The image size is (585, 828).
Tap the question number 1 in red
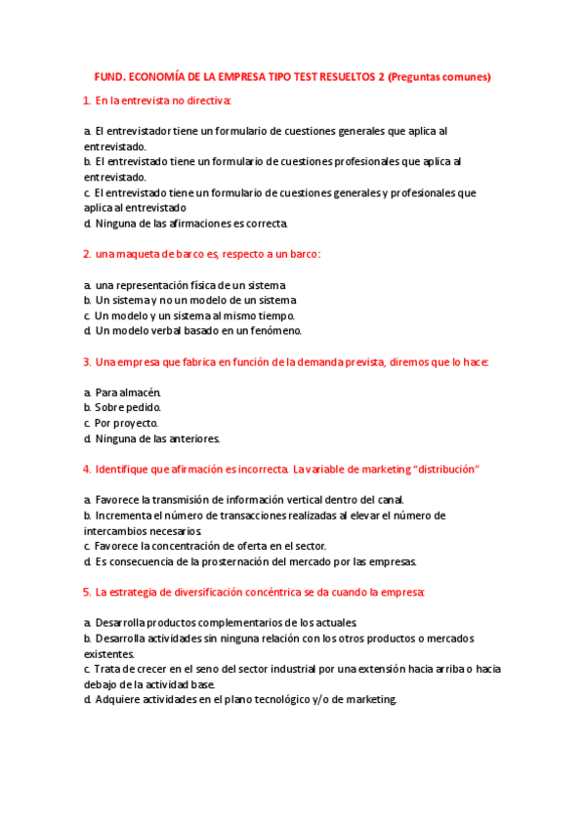87,101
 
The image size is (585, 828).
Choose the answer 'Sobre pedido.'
128,407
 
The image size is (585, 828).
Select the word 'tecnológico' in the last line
282,699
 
